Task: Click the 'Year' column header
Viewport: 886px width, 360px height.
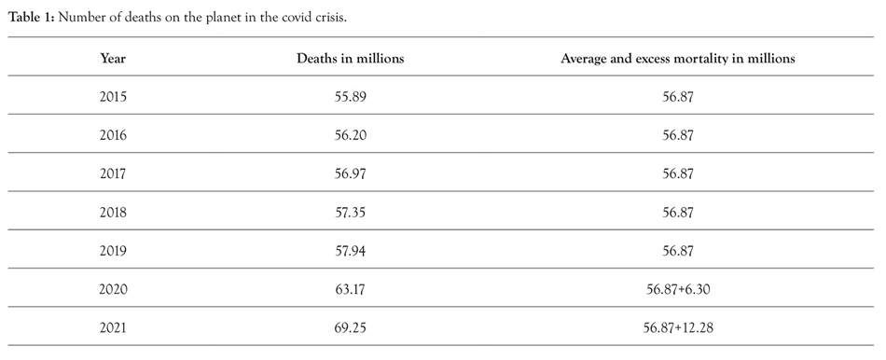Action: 113,58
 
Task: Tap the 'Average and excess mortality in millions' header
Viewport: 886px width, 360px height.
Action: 677,58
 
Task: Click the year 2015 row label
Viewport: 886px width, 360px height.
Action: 113,96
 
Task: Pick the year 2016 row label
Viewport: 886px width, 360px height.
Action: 113,134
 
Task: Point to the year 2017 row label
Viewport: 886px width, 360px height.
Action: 113,173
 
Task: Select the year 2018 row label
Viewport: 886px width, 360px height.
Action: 113,212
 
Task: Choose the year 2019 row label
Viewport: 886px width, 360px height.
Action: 113,250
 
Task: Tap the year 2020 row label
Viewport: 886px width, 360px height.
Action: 113,289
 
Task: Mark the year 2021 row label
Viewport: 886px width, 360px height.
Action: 113,327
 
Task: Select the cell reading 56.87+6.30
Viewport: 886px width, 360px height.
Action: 677,289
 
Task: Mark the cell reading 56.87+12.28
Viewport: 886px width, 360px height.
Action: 677,327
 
